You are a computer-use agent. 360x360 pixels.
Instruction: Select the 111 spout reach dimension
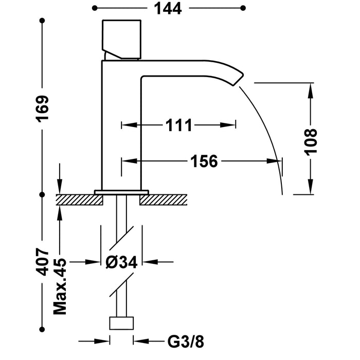(178, 124)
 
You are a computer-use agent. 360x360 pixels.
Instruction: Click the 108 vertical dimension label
(311, 140)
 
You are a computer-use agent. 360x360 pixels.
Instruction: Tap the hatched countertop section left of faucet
(75, 199)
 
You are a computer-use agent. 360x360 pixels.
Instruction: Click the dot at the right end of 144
(243, 8)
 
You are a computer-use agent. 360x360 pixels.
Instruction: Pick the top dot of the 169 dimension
(42, 21)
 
